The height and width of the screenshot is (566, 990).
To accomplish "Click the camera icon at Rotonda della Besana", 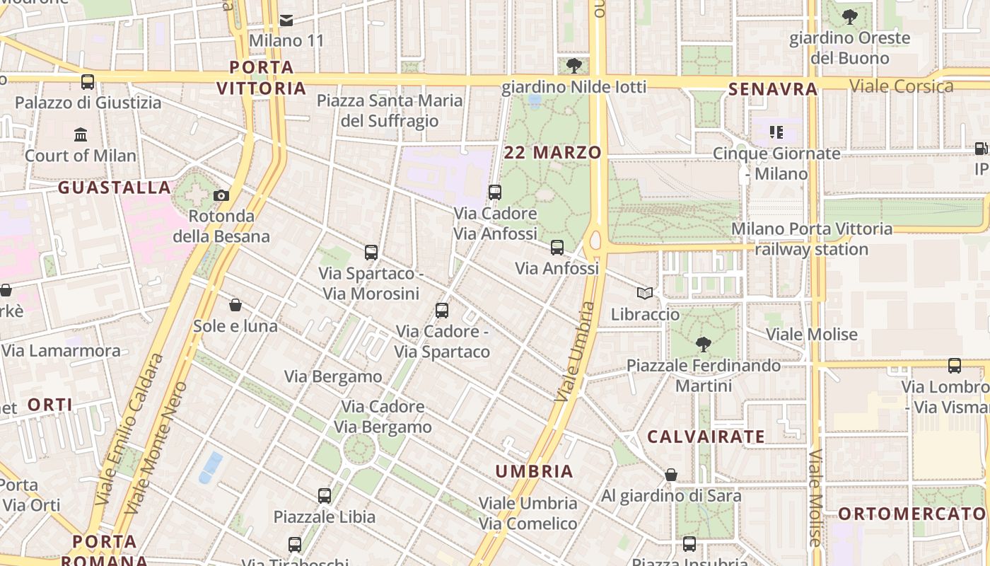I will (221, 195).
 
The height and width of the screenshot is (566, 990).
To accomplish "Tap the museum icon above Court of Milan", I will (81, 134).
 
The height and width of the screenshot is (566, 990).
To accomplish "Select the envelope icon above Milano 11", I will (286, 20).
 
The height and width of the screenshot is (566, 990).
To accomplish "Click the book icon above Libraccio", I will (644, 293).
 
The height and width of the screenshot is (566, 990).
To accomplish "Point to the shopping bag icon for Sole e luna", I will (235, 305).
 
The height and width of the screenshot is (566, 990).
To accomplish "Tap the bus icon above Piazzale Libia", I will (325, 495).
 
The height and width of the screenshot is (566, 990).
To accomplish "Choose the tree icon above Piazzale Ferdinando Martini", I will (703, 345).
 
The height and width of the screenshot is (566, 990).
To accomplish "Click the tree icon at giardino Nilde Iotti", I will (574, 66).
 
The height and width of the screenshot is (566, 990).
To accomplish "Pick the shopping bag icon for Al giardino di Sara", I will (671, 475).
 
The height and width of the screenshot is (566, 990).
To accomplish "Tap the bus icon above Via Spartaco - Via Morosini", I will (371, 252).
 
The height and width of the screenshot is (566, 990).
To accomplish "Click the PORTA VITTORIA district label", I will (262, 78).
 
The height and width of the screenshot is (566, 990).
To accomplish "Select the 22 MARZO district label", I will (553, 152).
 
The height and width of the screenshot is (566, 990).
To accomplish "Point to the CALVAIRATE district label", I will (706, 437).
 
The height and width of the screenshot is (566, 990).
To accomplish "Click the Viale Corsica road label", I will (901, 86).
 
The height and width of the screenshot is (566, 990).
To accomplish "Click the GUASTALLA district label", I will (115, 187).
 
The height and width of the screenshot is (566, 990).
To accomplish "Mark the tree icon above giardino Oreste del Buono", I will (850, 16).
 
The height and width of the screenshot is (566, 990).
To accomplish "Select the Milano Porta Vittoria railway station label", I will (812, 239).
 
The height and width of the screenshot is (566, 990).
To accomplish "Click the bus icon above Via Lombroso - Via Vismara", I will (955, 366).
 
